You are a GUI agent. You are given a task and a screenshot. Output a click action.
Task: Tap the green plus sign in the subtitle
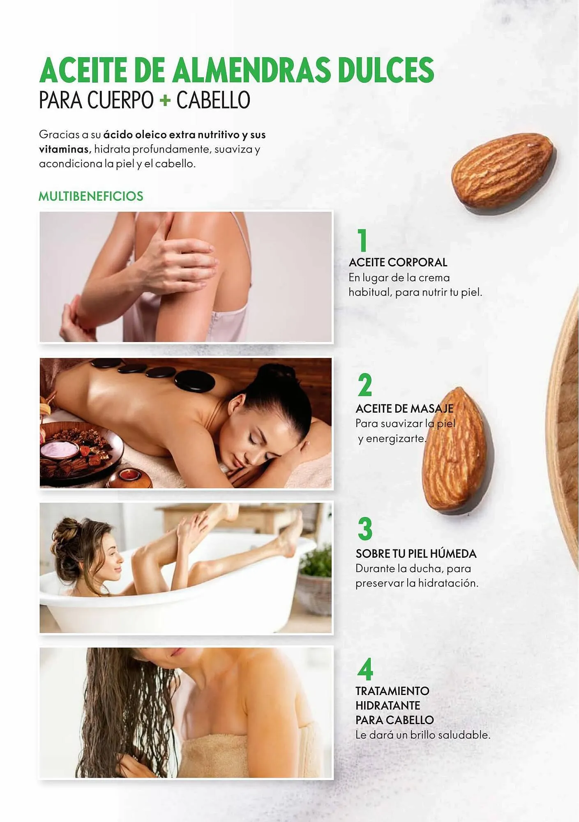pyautogui.click(x=165, y=100)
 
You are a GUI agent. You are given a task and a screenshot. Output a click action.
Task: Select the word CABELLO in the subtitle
pyautogui.click(x=213, y=100)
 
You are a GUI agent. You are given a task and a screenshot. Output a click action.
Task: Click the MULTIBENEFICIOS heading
pyautogui.click(x=91, y=196)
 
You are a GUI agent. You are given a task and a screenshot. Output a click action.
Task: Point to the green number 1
pyautogui.click(x=362, y=240)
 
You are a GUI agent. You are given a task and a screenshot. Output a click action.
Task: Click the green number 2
pyautogui.click(x=364, y=385)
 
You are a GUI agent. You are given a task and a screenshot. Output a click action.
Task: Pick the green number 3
pyautogui.click(x=365, y=529)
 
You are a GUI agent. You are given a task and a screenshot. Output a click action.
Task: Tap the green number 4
pyautogui.click(x=365, y=670)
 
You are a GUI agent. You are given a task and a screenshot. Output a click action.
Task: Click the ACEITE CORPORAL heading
pyautogui.click(x=398, y=262)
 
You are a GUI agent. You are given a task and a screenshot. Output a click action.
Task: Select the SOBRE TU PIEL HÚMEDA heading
pyautogui.click(x=416, y=554)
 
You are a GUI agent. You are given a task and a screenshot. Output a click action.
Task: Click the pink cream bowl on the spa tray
pyautogui.click(x=60, y=449)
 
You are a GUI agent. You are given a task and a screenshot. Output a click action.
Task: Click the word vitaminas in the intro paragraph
pyautogui.click(x=64, y=149)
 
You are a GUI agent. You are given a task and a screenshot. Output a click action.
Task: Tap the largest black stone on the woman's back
pyautogui.click(x=195, y=381)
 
